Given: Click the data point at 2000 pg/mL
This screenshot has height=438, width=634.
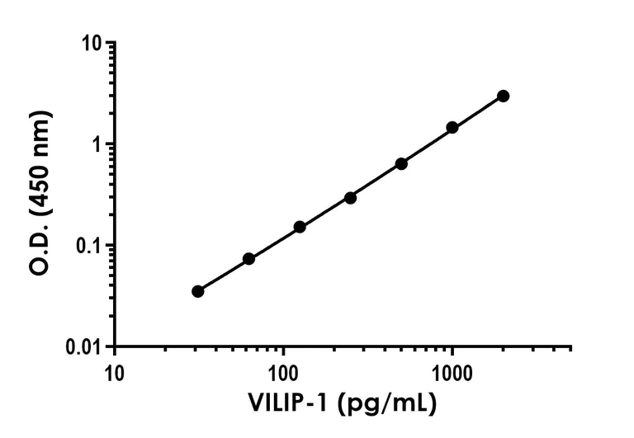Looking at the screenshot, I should tap(503, 97).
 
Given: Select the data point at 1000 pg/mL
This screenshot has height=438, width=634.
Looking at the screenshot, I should tap(452, 127).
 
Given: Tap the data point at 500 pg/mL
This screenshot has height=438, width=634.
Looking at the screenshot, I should tap(401, 163).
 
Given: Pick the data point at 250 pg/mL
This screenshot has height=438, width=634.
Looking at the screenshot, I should tap(350, 198).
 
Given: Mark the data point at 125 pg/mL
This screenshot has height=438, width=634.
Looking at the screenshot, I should tap(300, 227).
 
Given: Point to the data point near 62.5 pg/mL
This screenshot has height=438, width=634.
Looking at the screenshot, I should tap(248, 259).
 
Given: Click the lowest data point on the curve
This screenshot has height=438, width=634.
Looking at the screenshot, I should tap(197, 291).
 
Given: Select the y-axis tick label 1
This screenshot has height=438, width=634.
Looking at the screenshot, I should tap(102, 144).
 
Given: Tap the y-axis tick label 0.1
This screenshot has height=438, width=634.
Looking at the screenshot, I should tap(93, 246).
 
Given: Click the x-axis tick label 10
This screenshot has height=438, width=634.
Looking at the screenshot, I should tap(115, 367).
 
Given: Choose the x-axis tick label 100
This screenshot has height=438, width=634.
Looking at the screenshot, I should tap(284, 367).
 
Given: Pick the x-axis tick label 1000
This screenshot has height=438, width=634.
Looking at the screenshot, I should tap(452, 367).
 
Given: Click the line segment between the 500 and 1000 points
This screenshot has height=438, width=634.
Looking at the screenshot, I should tap(427, 145).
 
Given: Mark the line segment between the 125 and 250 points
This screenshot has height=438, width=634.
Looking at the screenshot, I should tap(325, 212).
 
